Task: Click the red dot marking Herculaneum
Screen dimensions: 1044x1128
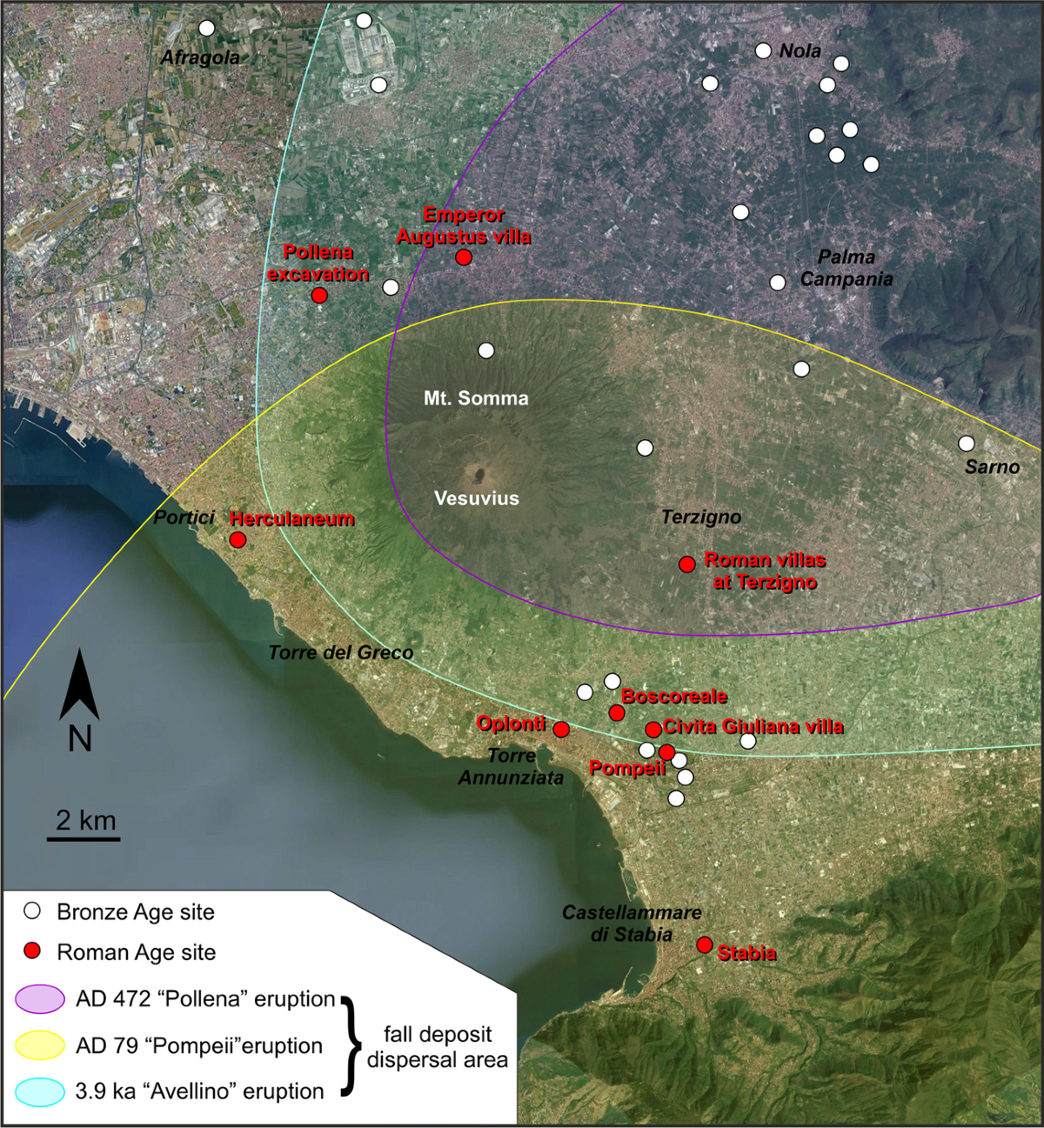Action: point(238,540)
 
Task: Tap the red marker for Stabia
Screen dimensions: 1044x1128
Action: point(705,944)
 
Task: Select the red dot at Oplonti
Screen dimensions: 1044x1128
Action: point(561,729)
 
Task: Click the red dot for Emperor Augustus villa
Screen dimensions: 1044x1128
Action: point(464,257)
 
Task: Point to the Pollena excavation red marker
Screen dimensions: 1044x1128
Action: point(319,295)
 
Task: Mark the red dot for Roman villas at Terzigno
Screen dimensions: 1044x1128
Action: point(686,564)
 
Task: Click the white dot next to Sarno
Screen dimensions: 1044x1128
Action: point(966,444)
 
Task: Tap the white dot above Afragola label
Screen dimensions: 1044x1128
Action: point(206,28)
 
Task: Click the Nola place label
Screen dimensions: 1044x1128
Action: point(800,51)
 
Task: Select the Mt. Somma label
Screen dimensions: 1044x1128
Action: point(476,398)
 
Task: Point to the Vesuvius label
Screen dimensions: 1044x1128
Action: point(476,498)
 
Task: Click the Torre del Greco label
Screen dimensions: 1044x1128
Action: point(340,652)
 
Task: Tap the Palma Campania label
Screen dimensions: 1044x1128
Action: point(846,268)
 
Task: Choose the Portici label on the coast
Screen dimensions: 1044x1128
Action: point(184,517)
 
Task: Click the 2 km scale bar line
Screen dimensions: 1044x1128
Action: point(84,839)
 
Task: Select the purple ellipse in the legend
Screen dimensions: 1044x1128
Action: point(40,999)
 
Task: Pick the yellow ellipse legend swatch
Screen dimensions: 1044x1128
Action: point(40,1045)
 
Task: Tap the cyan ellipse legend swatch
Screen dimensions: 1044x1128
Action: point(40,1091)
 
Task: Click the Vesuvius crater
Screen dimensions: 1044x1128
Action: point(477,474)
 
